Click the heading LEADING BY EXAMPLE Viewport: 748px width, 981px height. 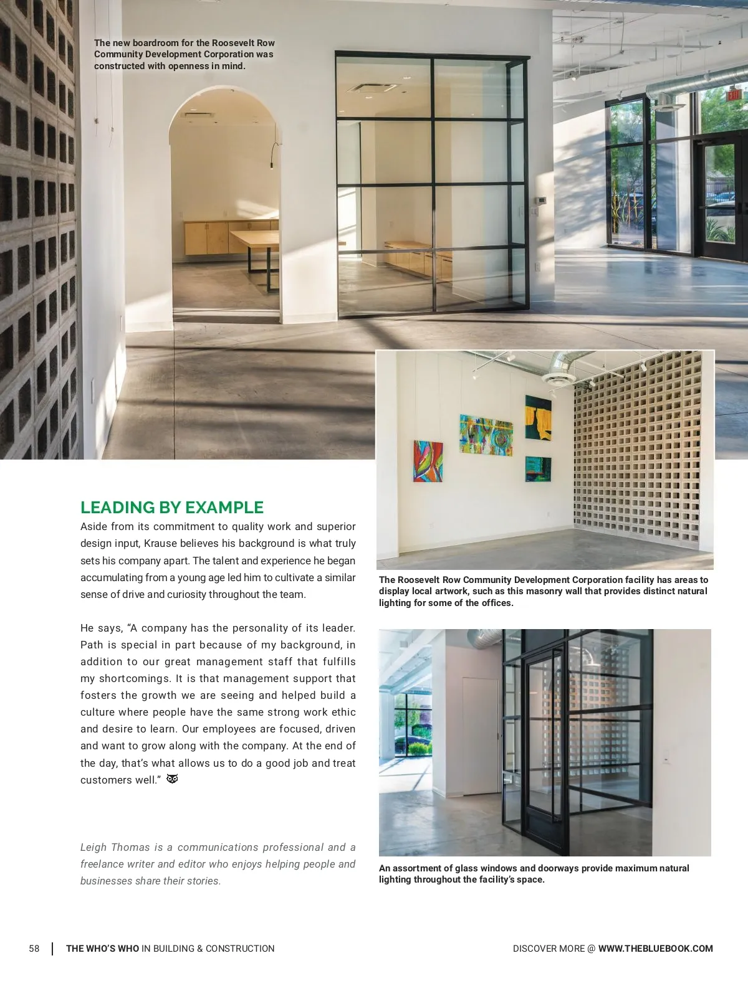[172, 508]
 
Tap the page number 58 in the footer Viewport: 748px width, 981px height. [34, 949]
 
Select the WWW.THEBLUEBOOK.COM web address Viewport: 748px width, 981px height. [655, 949]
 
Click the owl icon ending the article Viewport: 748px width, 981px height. [173, 779]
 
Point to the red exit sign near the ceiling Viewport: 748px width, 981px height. [734, 95]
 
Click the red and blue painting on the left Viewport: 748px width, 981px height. [428, 461]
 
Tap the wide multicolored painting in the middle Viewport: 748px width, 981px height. [486, 435]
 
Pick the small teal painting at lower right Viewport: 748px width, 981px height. [538, 469]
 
